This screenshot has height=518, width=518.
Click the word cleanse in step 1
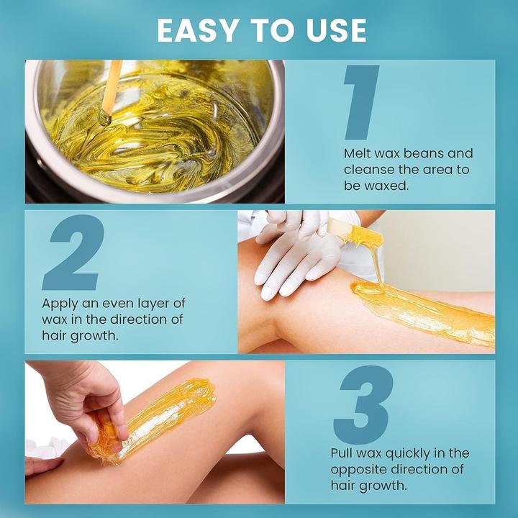(x=368, y=170)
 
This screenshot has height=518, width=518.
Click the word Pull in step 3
(x=342, y=453)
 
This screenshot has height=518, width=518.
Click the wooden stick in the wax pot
(x=112, y=90)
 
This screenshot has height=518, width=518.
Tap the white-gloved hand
(x=295, y=252)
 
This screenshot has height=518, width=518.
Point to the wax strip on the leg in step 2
(x=424, y=309)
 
